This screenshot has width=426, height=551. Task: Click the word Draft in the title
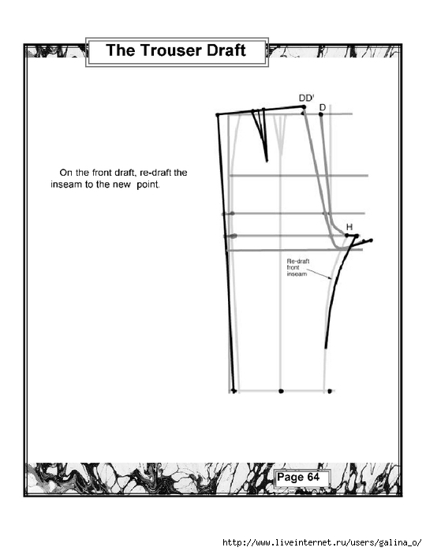[x=226, y=50]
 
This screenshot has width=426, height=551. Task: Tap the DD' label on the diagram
[x=306, y=98]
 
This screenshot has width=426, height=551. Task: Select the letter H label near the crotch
[x=349, y=227]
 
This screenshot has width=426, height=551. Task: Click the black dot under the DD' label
[x=304, y=107]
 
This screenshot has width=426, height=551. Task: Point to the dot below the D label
[x=321, y=114]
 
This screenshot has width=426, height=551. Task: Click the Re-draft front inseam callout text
[x=297, y=267]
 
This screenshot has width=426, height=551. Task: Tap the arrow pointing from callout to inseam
[x=319, y=274]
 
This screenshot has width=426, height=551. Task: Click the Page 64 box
[x=302, y=478]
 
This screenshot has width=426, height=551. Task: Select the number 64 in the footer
[x=313, y=477]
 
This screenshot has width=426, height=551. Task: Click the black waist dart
[x=260, y=135]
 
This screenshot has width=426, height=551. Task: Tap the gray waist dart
[x=280, y=134]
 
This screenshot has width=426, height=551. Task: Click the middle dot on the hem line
[x=281, y=391]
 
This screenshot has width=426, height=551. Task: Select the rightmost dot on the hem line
[x=330, y=391]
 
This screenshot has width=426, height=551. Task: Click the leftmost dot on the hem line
[x=234, y=391]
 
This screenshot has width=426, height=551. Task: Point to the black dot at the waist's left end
[x=218, y=115]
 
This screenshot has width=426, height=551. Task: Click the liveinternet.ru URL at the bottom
[x=322, y=542]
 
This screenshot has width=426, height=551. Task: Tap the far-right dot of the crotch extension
[x=372, y=240]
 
